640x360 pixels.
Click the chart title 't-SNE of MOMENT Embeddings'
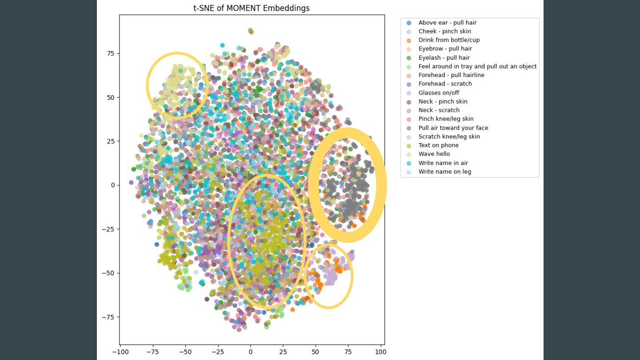click(x=251, y=8)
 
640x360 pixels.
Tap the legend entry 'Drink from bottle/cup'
click(x=449, y=40)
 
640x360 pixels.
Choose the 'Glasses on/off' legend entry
click(x=439, y=92)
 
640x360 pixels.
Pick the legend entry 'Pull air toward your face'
click(x=453, y=128)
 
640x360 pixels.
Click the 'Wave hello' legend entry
click(x=434, y=154)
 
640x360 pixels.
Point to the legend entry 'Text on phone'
click(x=438, y=145)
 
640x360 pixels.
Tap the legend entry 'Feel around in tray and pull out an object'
click(x=477, y=66)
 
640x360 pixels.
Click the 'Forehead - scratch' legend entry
click(x=445, y=84)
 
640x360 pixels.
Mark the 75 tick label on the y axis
click(x=110, y=53)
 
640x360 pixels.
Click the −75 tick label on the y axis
click(x=108, y=317)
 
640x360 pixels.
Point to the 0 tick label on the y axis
click(x=112, y=185)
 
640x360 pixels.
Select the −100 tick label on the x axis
click(x=120, y=352)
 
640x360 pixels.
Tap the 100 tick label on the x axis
click(x=380, y=352)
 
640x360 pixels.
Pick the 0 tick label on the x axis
click(x=250, y=352)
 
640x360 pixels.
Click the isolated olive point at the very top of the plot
click(x=251, y=31)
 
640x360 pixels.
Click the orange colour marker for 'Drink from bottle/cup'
click(x=409, y=40)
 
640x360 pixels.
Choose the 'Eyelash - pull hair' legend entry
click(x=444, y=57)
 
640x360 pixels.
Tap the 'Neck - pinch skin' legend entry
click(x=443, y=101)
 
